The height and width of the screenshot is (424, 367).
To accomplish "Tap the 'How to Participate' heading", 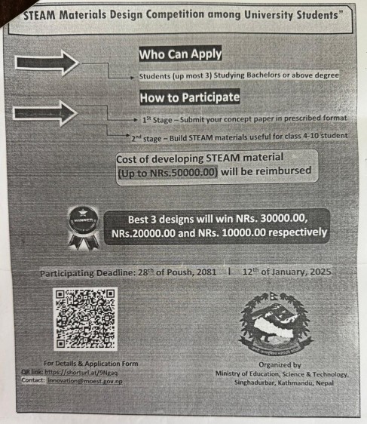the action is pyautogui.click(x=189, y=97).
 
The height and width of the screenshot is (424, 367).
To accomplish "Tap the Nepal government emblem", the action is pyautogui.click(x=274, y=321).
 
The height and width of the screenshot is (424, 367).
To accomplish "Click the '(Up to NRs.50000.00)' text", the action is pyautogui.click(x=168, y=172).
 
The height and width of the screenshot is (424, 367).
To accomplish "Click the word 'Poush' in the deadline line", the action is pyautogui.click(x=184, y=271).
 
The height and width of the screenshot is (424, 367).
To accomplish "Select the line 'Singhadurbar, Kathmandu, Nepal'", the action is pyautogui.click(x=281, y=383).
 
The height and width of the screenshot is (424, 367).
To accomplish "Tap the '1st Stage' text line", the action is pyautogui.click(x=245, y=118).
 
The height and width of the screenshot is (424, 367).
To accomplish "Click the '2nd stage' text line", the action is pyautogui.click(x=238, y=136).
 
